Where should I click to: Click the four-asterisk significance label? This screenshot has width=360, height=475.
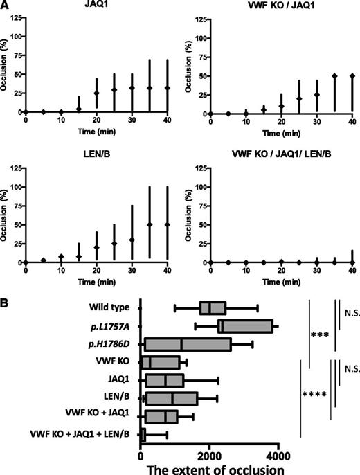coord(316,397)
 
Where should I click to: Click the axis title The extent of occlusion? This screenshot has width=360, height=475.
coord(210,467)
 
